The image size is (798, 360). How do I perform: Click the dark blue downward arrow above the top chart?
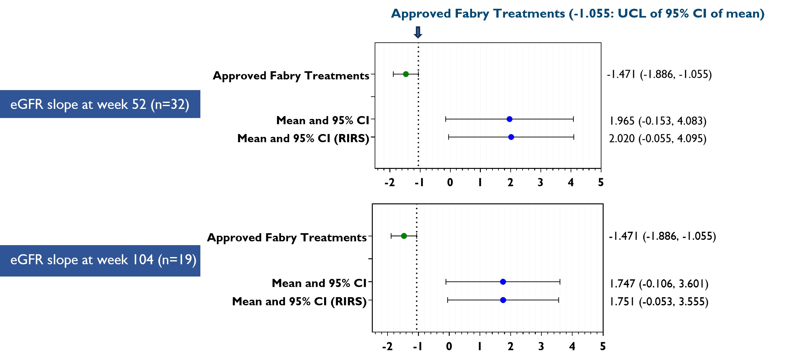(418, 32)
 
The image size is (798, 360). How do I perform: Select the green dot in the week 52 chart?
(406, 74)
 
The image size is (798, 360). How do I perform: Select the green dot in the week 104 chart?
(404, 236)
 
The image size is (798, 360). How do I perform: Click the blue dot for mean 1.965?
(509, 119)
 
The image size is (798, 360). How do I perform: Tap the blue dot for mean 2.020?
(511, 137)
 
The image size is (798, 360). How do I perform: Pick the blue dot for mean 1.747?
(503, 282)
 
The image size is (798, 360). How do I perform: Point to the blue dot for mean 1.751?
(503, 300)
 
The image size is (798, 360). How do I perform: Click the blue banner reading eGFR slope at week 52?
(100, 104)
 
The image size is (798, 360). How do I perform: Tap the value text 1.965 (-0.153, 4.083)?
(658, 121)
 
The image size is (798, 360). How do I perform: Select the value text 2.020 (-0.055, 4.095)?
(658, 138)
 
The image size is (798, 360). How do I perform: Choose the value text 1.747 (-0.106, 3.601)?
(659, 284)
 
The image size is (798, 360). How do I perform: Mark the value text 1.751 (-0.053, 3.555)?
(659, 302)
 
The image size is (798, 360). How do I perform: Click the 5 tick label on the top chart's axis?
(600, 182)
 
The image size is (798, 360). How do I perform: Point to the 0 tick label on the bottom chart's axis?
(449, 346)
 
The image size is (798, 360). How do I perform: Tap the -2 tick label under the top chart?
(389, 182)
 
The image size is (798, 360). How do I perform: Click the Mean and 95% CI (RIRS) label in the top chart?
(303, 138)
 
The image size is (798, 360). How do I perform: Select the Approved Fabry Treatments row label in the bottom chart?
(287, 238)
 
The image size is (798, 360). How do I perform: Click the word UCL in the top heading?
(632, 13)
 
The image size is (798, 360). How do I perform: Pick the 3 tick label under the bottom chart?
(541, 346)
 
